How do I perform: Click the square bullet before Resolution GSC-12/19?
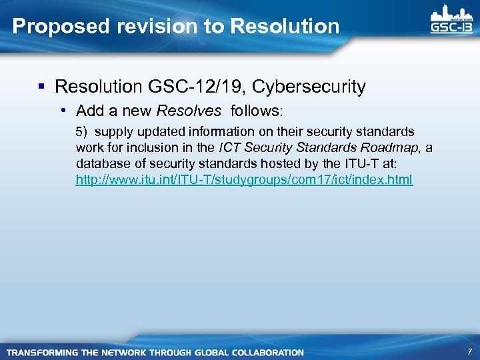tap(42, 87)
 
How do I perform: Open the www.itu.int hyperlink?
tap(244, 180)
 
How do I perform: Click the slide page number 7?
tap(469, 351)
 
